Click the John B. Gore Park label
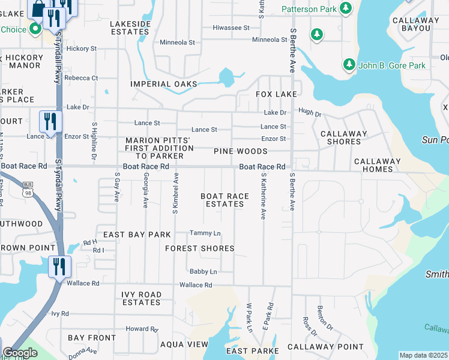coord(392,65)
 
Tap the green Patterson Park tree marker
coord(345,8)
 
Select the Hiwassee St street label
coord(231,28)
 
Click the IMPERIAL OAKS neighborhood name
coord(164,85)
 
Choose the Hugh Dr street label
coord(310,113)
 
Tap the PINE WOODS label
coord(240,152)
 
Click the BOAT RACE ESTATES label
coord(224,200)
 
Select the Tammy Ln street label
coord(205,233)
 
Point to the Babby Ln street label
coord(203,272)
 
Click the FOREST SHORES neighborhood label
coord(199,248)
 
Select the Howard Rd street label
coord(142,329)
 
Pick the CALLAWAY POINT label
coord(325,347)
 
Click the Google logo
coord(20,353)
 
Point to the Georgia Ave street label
coord(146,191)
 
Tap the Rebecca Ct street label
coord(81,78)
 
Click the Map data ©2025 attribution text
coord(423,355)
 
